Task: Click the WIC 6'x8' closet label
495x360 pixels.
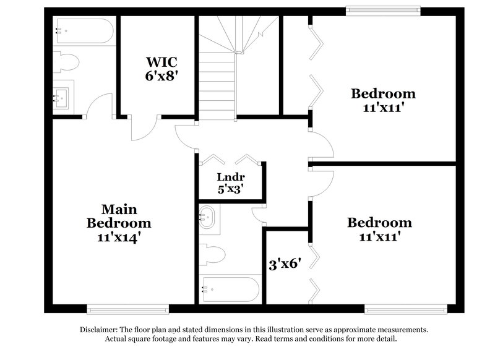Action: tap(161, 69)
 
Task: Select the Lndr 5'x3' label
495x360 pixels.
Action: tap(230, 182)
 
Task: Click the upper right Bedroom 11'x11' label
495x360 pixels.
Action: tap(383, 100)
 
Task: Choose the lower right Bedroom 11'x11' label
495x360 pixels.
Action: tap(379, 229)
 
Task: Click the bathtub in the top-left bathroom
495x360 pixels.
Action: tap(84, 30)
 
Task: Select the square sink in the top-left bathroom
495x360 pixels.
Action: tap(62, 96)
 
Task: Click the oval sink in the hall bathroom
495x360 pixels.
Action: tap(207, 218)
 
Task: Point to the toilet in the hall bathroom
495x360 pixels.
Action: tap(213, 255)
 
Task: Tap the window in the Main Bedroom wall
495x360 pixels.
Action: tap(127, 308)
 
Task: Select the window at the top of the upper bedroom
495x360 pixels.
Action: tap(382, 11)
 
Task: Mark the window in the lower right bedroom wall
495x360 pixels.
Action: tap(405, 308)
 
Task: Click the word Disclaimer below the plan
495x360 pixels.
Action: tap(100, 330)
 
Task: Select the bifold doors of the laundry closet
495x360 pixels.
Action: tap(230, 159)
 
